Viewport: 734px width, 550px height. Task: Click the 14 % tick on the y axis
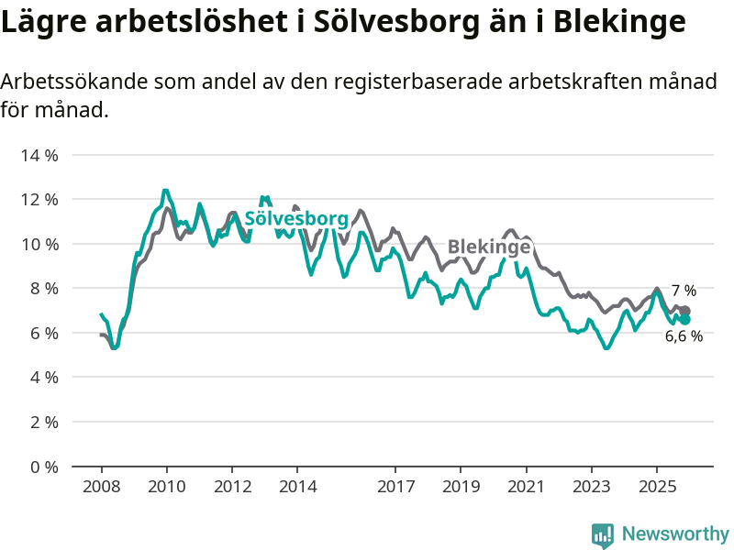[x=39, y=155]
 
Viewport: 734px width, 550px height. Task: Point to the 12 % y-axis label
[x=39, y=200]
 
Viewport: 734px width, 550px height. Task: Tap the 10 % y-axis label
[x=39, y=244]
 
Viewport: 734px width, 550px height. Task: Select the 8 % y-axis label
[x=43, y=289]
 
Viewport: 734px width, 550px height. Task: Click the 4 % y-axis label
[x=43, y=378]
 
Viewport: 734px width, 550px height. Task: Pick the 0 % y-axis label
[x=43, y=467]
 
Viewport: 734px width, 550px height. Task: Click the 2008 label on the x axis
[x=101, y=486]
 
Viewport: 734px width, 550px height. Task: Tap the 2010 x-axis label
[x=166, y=486]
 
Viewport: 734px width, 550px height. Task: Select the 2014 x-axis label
[x=297, y=486]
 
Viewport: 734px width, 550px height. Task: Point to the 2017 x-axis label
[x=395, y=486]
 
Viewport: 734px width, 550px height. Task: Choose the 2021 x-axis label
[x=526, y=486]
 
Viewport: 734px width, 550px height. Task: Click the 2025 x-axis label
[x=657, y=486]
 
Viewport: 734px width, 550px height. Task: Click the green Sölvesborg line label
[x=296, y=219]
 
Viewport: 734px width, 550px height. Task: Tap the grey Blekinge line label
[x=489, y=247]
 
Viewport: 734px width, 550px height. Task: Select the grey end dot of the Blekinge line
[x=685, y=312]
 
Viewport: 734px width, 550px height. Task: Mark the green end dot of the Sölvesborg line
[x=684, y=320]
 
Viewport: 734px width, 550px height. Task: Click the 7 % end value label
[x=684, y=291]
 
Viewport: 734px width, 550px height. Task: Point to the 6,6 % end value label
[x=684, y=336]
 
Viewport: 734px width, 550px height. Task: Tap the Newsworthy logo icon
[x=603, y=534]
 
